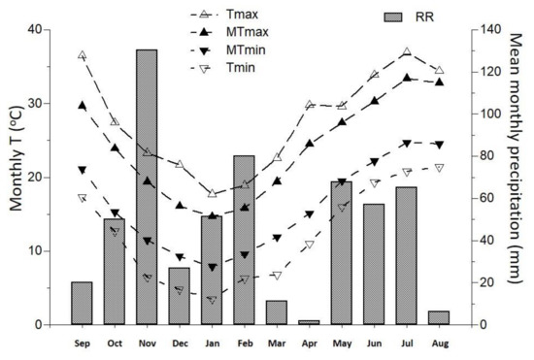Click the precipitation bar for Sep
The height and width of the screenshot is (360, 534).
coord(82,303)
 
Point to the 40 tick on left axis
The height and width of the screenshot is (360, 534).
coord(36,29)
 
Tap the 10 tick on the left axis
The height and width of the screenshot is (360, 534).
coord(36,250)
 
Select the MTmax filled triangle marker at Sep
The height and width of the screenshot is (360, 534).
coord(82,106)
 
